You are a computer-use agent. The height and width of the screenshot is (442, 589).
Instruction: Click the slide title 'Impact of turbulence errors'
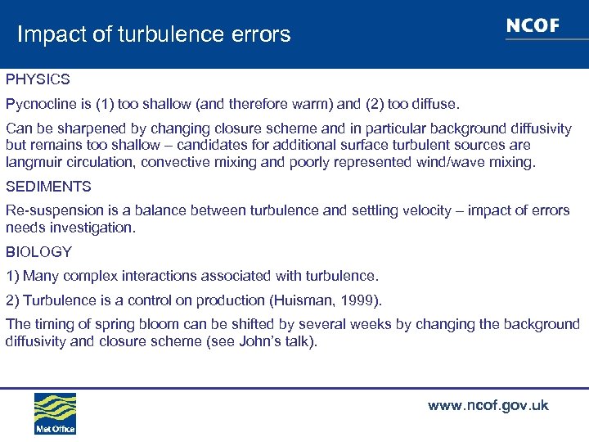point(154,34)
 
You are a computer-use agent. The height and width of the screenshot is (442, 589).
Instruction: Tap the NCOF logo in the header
point(533,26)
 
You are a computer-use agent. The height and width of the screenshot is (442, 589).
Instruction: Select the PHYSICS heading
point(38,80)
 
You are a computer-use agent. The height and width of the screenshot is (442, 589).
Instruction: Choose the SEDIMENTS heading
point(48,187)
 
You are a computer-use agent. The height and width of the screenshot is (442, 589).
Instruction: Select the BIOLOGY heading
point(38,251)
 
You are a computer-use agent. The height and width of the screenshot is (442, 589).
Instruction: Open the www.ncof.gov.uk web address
point(488,406)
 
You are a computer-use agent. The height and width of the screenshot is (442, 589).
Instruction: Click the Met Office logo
point(55,413)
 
